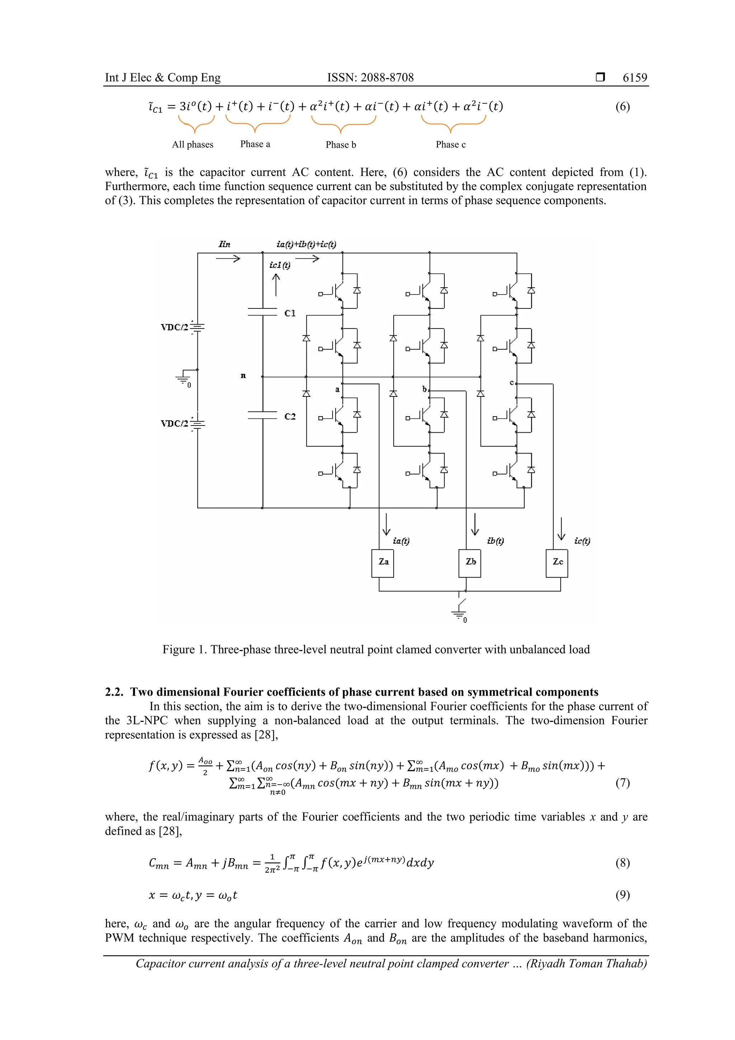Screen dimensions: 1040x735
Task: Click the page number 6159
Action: (635, 78)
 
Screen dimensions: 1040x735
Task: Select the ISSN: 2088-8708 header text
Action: (370, 78)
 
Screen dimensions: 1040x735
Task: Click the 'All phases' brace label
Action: (192, 144)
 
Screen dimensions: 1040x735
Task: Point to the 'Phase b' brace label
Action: (341, 144)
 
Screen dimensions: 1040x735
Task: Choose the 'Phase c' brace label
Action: (450, 144)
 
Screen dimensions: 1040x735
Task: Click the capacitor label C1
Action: (290, 313)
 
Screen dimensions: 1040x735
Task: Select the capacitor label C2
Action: (290, 416)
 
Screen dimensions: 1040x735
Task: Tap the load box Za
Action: (383, 562)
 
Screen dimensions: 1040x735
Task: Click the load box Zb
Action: (470, 562)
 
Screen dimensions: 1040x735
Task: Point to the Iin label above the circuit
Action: (224, 245)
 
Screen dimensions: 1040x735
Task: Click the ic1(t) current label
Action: (280, 265)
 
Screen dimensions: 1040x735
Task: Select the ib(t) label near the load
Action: (496, 541)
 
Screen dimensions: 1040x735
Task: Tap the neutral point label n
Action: (243, 376)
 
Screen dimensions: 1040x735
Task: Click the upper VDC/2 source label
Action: (174, 327)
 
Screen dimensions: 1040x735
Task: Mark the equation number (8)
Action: (622, 863)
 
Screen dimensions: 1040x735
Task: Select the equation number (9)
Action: (622, 895)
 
